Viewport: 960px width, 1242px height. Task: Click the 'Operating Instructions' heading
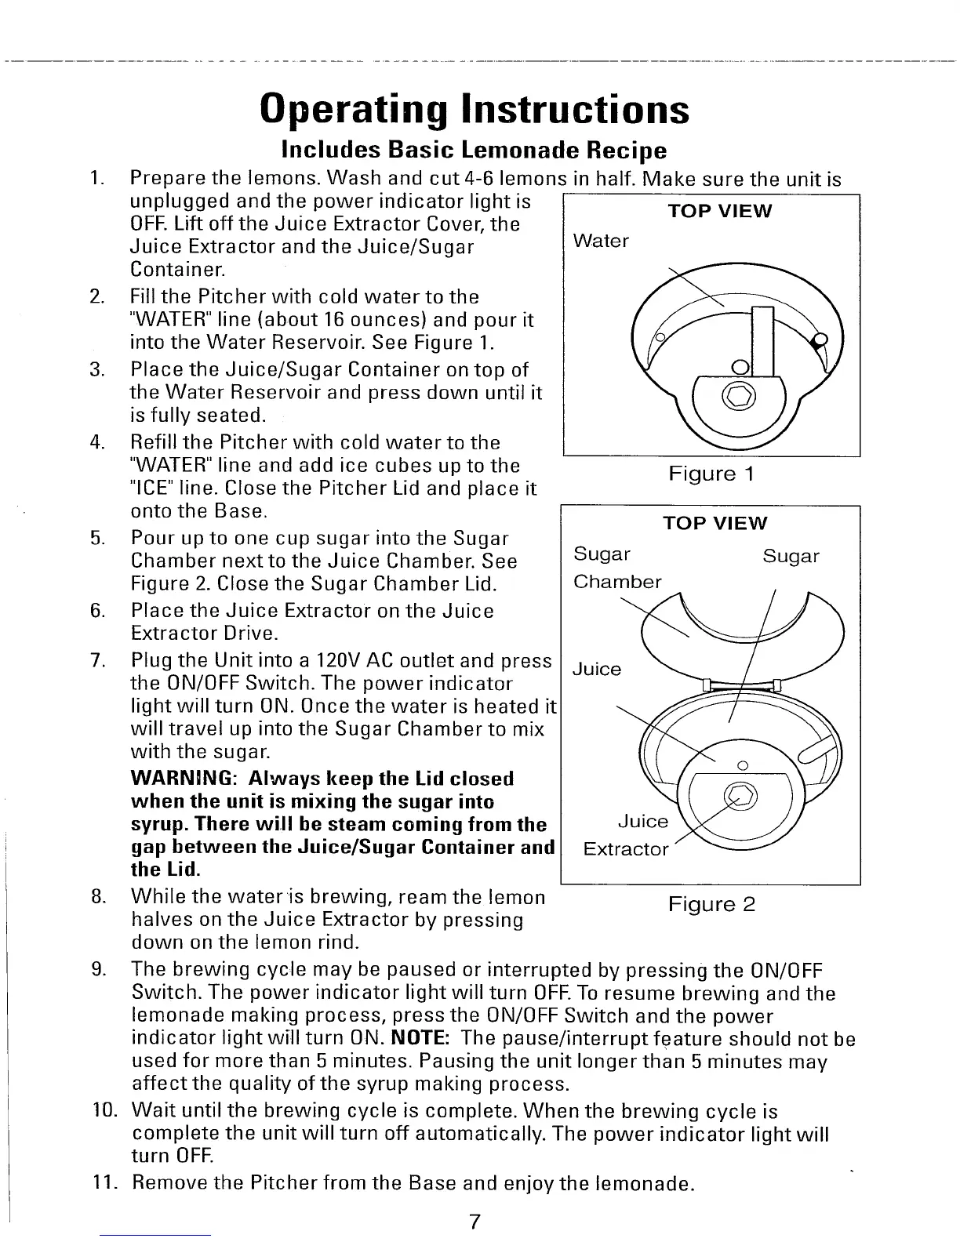[x=475, y=109]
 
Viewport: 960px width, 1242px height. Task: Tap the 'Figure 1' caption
[x=711, y=474]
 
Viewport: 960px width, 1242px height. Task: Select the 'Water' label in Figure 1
[x=601, y=241]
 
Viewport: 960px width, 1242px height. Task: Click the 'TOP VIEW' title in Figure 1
[x=719, y=211]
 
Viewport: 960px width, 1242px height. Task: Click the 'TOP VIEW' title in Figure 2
[x=715, y=523]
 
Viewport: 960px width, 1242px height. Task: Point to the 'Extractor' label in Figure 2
[x=626, y=849]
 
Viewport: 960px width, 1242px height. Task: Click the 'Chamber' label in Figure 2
[x=617, y=582]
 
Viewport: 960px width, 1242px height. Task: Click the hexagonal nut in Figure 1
[x=740, y=395]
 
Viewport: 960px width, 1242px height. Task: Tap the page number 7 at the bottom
[x=475, y=1222]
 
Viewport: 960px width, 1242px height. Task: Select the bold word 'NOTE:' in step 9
[x=420, y=1039]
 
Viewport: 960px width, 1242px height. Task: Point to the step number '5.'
[x=98, y=539]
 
